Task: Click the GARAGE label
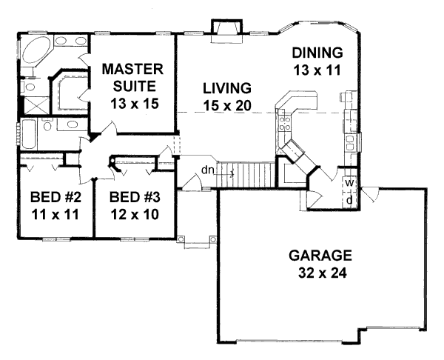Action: [320, 256]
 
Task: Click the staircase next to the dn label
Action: [250, 176]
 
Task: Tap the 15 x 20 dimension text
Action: [227, 105]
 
